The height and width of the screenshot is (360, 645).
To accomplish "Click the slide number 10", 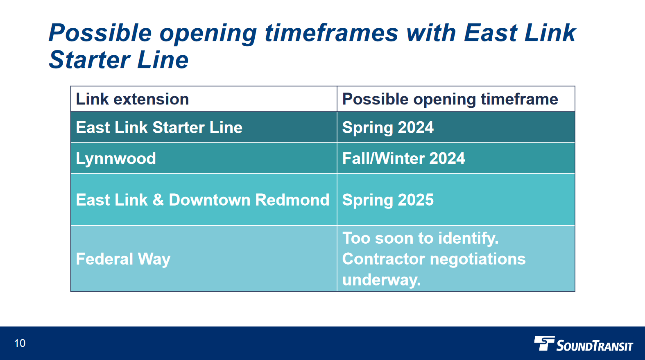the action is tap(20, 343).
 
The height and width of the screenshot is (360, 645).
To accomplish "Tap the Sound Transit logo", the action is tap(584, 344).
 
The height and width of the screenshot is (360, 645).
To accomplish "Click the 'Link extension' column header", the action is tap(132, 99).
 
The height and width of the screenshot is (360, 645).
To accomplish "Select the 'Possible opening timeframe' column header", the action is tap(450, 100).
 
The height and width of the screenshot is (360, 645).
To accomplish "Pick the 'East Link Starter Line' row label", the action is tap(159, 127).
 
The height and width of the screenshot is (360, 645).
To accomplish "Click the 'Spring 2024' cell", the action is tap(388, 128).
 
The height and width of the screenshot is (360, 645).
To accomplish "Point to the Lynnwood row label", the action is tap(116, 158).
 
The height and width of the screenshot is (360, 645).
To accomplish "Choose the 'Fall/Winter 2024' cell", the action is tap(403, 158).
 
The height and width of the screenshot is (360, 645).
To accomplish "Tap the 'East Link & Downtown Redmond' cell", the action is tap(203, 199).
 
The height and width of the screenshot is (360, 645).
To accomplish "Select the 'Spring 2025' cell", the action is tap(388, 200).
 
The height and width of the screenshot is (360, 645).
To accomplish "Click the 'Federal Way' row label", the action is tap(123, 259).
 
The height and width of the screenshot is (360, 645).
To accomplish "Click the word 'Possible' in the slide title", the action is tap(100, 33).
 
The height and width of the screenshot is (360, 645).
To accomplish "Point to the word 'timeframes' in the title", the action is tap(331, 33).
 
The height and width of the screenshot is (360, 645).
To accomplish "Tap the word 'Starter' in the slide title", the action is tap(90, 60).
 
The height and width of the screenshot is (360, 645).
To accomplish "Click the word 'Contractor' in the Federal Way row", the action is tap(384, 258).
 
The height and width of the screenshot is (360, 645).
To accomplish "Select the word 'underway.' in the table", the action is tap(382, 280).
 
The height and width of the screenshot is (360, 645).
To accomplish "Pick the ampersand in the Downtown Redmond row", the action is tap(158, 199).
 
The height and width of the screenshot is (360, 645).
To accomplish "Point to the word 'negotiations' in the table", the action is tap(478, 259).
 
